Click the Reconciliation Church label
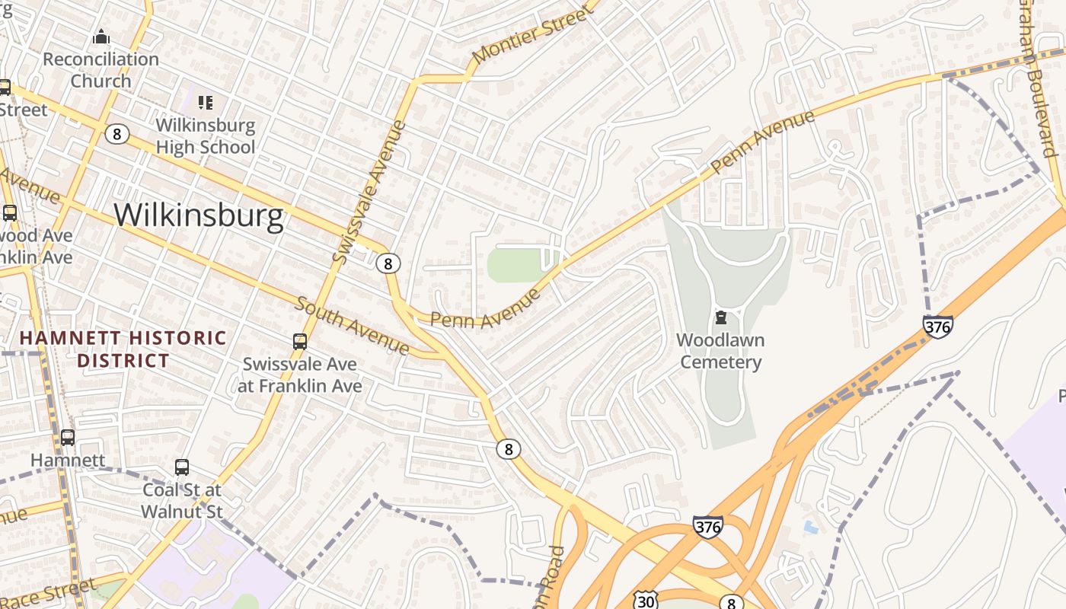(101, 70)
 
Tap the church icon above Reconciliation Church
(101, 37)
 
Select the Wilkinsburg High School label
(206, 136)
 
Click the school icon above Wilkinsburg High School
(205, 102)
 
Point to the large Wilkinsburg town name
(199, 215)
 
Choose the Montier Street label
(531, 35)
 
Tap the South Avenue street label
(352, 326)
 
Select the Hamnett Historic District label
(123, 349)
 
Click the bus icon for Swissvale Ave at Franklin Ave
(300, 342)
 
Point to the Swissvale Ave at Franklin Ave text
(300, 375)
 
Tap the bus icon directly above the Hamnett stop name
(68, 438)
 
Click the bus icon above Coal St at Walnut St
(181, 467)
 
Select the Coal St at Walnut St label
(182, 500)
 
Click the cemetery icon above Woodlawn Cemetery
(720, 317)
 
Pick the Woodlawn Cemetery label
(720, 351)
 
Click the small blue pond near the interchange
(812, 526)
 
